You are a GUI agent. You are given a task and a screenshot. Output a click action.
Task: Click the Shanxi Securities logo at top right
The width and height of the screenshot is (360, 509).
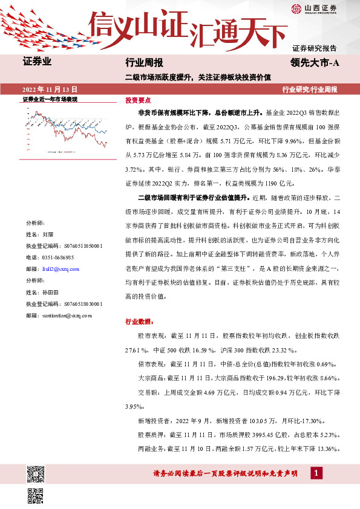pyautogui.click(x=314, y=8)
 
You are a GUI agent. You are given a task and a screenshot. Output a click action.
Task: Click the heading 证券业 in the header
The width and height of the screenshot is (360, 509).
pyautogui.click(x=37, y=62)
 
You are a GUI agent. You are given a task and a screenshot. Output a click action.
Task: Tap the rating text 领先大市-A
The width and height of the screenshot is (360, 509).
pyautogui.click(x=312, y=63)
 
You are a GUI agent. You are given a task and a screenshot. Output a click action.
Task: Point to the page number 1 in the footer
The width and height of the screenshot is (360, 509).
pyautogui.click(x=317, y=473)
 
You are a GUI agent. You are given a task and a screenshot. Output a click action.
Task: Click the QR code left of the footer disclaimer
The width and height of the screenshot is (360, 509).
pyautogui.click(x=36, y=473)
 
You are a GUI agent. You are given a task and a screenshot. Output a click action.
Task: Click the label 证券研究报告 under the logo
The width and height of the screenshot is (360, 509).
pyautogui.click(x=315, y=48)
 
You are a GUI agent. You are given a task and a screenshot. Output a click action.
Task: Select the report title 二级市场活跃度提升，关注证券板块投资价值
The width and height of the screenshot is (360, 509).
pyautogui.click(x=198, y=77)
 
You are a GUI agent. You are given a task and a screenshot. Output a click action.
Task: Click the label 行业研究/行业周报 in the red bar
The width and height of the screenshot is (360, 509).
pyautogui.click(x=310, y=89)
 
